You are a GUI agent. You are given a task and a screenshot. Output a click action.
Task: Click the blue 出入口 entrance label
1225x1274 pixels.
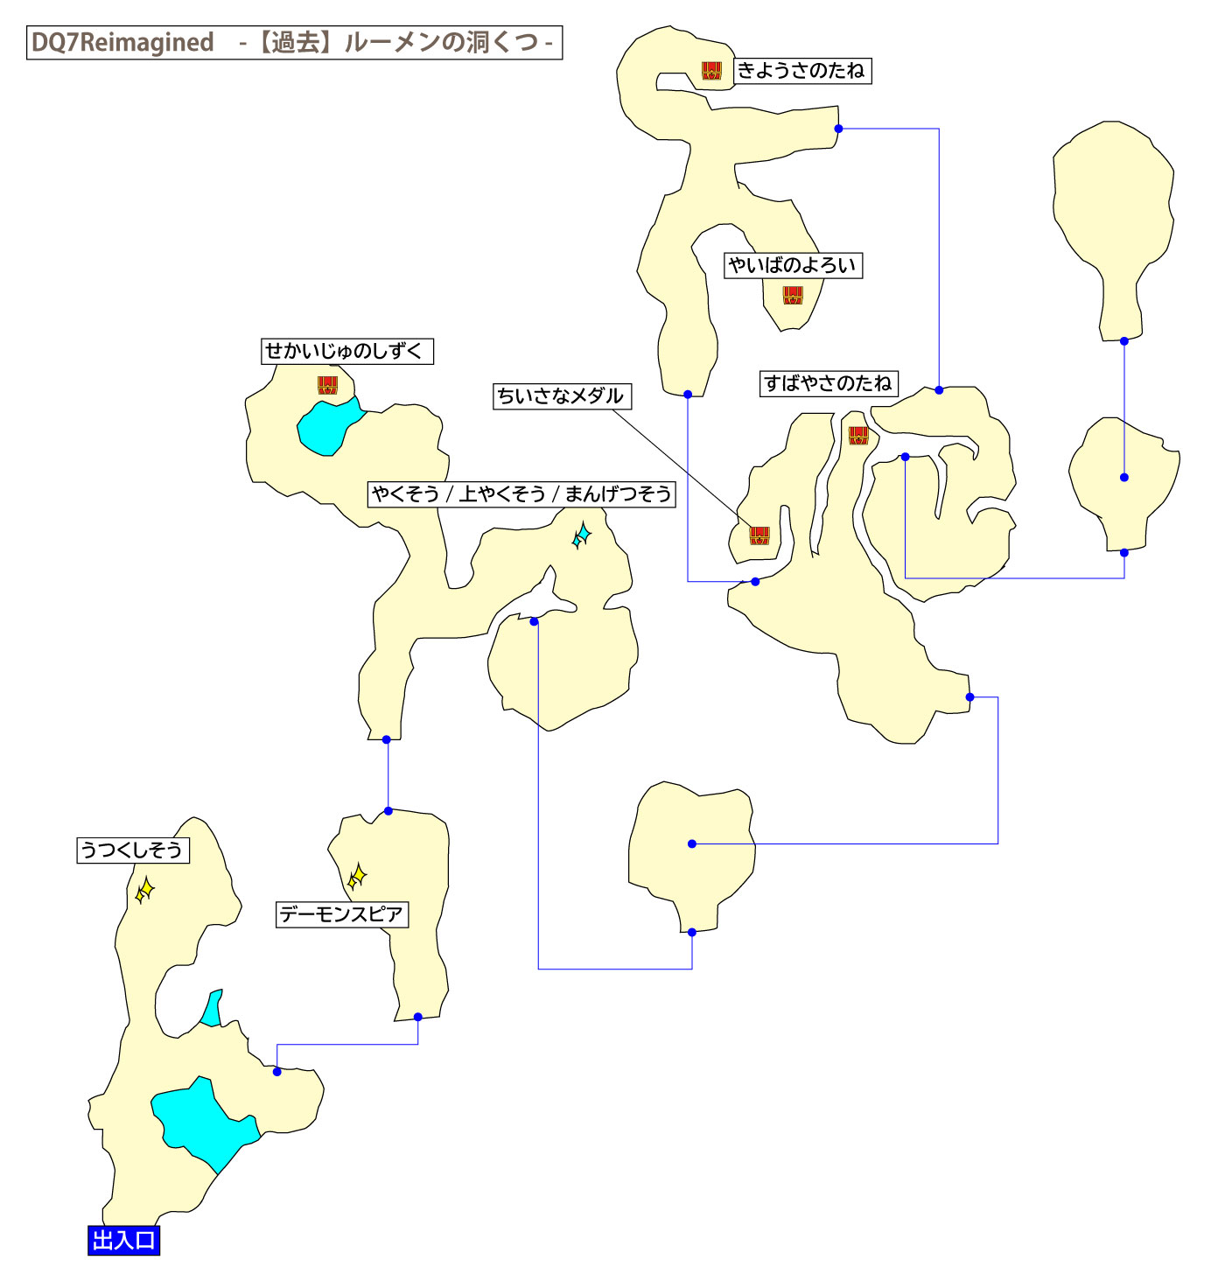pyautogui.click(x=123, y=1241)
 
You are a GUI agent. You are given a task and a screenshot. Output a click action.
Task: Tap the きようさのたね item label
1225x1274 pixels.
pyautogui.click(x=801, y=71)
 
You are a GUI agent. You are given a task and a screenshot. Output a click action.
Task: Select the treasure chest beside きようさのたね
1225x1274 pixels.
pyautogui.click(x=711, y=71)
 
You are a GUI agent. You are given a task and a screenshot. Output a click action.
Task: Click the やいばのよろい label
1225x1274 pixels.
pyautogui.click(x=793, y=266)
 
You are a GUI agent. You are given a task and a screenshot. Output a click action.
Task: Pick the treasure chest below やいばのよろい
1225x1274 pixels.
pyautogui.click(x=793, y=296)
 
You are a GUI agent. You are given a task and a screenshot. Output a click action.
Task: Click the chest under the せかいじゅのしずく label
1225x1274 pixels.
pyautogui.click(x=327, y=385)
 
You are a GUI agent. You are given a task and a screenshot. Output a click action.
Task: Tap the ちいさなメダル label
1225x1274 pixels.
pyautogui.click(x=562, y=396)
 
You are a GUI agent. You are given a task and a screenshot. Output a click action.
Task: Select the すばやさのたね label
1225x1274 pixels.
pyautogui.click(x=828, y=383)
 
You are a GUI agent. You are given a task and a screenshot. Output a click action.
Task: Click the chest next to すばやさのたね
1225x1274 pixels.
pyautogui.click(x=858, y=435)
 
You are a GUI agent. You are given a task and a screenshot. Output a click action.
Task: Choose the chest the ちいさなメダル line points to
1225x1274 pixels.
pyautogui.click(x=759, y=535)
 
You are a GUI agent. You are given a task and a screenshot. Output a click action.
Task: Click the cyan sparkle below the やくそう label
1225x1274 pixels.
pyautogui.click(x=582, y=535)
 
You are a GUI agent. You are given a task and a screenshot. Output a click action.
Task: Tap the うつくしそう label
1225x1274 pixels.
pyautogui.click(x=133, y=850)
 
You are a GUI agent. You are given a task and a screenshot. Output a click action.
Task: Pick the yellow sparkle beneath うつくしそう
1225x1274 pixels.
pyautogui.click(x=145, y=891)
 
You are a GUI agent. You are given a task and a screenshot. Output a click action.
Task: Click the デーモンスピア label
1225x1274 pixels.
pyautogui.click(x=342, y=915)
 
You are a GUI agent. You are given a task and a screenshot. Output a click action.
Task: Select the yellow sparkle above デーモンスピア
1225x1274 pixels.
pyautogui.click(x=357, y=877)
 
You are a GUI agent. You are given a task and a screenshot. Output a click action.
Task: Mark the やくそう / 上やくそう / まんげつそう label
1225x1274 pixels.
pyautogui.click(x=521, y=494)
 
